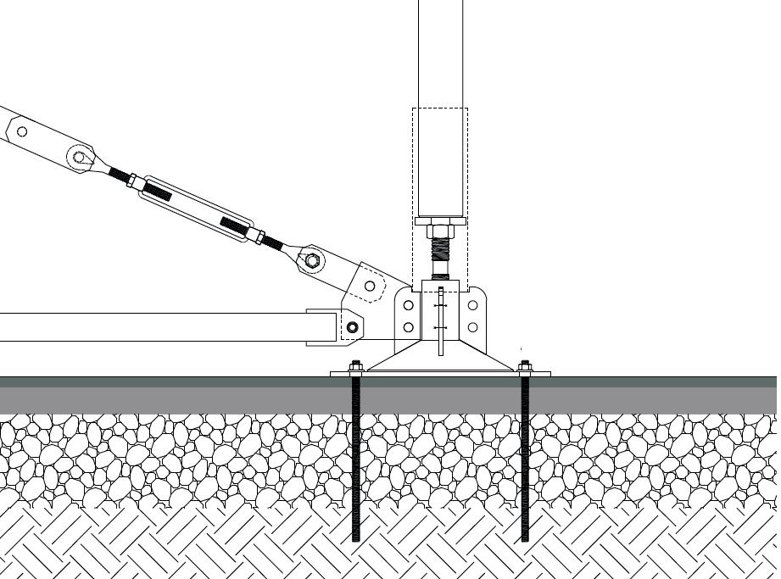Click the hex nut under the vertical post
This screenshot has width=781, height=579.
[439, 231]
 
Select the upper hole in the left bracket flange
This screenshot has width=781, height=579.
[409, 305]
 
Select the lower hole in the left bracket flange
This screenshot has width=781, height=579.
[409, 327]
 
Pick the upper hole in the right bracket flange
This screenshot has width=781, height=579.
[472, 305]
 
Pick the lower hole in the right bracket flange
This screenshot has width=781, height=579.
[472, 327]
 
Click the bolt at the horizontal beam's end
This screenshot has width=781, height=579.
[353, 327]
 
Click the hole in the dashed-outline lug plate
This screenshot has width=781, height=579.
[370, 287]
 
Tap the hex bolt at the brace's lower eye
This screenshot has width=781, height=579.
[312, 260]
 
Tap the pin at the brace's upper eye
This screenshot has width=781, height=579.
[80, 157]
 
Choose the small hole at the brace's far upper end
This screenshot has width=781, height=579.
[22, 131]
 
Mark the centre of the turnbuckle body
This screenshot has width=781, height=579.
[195, 209]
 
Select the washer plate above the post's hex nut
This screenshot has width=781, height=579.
[439, 221]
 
